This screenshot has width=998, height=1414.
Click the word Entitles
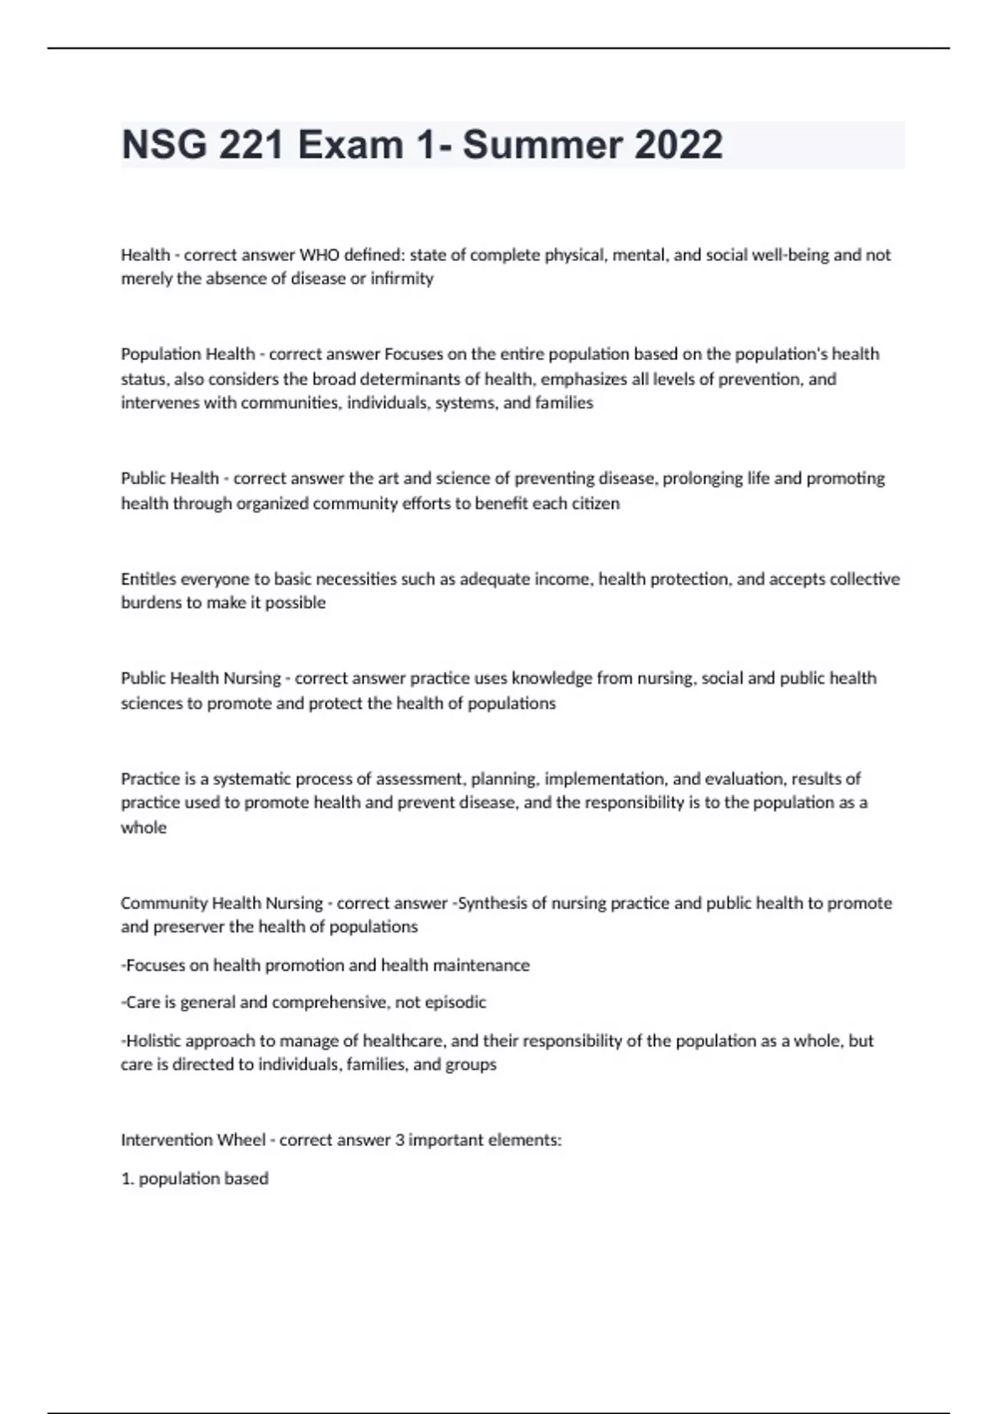click(148, 579)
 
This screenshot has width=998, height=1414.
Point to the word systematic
click(252, 779)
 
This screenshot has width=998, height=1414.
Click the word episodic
click(456, 1002)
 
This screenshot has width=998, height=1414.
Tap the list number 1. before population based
click(127, 1179)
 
